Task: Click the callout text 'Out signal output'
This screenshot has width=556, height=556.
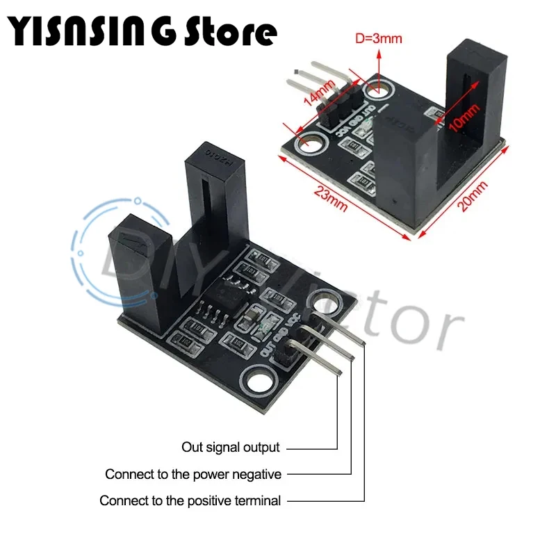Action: pos(231,447)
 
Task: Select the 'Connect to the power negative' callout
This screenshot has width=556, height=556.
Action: pos(193,474)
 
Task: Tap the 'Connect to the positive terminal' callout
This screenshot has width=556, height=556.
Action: pos(190,500)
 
